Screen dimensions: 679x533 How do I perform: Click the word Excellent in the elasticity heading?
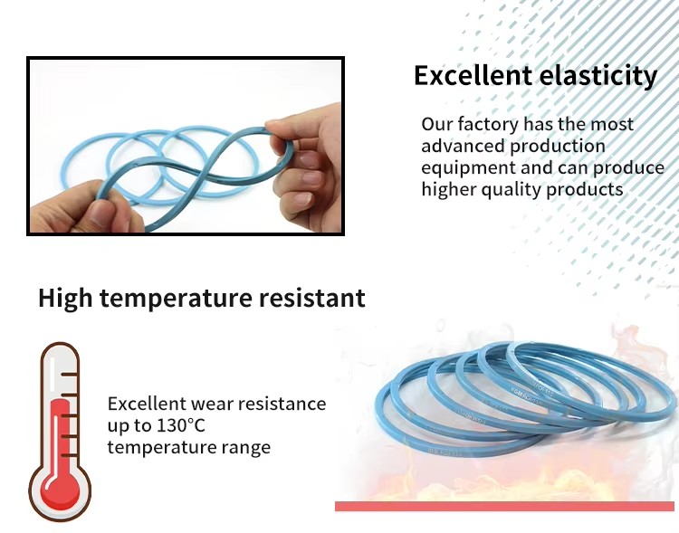[x=473, y=75]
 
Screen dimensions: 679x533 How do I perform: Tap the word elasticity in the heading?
[x=598, y=76]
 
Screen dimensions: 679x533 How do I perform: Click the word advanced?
[x=462, y=146]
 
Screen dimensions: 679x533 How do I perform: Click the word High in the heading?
[x=65, y=299]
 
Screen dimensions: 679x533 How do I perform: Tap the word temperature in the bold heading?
[x=175, y=299]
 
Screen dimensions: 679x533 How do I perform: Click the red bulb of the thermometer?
[x=60, y=492]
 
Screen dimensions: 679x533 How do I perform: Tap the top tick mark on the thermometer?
[x=70, y=374]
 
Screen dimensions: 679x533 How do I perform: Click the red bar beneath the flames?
[x=504, y=506]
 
